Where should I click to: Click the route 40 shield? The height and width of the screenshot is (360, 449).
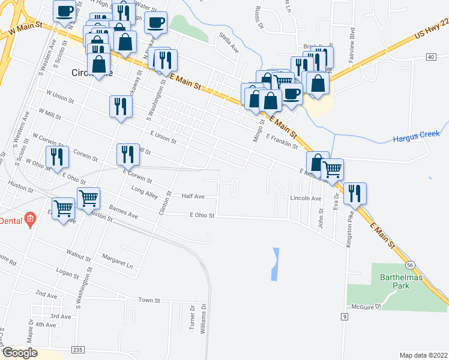coord(430,56)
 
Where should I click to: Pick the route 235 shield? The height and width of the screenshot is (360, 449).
coord(78,349)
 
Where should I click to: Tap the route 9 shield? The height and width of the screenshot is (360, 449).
coord(345,316)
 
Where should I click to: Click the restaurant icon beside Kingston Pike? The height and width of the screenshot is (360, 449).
coord(354,193)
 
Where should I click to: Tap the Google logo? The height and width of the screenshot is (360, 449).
coord(20,353)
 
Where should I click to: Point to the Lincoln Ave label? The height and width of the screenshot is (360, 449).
coord(306,198)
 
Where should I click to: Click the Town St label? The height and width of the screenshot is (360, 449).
coord(149,299)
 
